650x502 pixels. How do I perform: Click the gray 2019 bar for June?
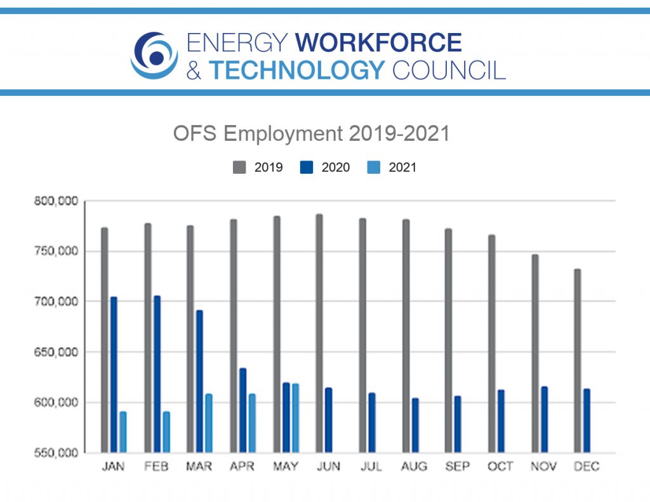(x=319, y=333)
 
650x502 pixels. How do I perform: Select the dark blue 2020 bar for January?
(x=114, y=374)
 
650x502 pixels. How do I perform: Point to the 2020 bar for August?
(x=415, y=425)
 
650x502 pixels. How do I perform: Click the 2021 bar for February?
(x=166, y=432)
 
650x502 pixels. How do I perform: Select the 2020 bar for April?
(x=243, y=410)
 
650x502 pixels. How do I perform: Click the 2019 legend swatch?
(x=239, y=168)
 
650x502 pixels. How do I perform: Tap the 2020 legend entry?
(x=326, y=168)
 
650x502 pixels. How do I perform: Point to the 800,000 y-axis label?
(x=56, y=201)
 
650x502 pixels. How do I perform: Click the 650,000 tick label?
(x=56, y=352)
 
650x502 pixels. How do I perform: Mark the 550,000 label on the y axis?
(x=56, y=453)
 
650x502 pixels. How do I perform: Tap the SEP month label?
(x=458, y=467)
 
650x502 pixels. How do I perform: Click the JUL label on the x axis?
(x=371, y=467)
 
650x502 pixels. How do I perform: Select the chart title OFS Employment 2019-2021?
(x=312, y=134)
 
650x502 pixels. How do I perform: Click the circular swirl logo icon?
(x=154, y=56)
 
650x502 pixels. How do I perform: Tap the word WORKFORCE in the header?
(x=379, y=43)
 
